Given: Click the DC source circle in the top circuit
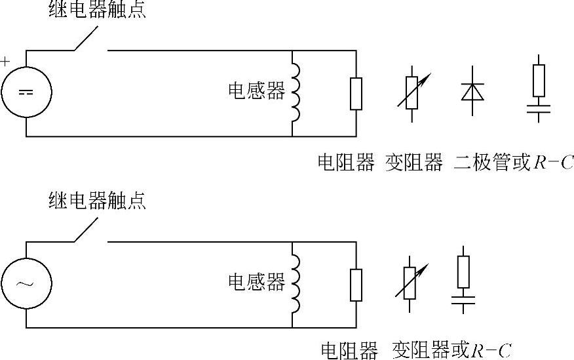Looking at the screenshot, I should pos(26,92).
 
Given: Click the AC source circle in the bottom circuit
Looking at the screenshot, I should pos(26,283).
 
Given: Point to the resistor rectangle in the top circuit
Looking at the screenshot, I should pos(356,93).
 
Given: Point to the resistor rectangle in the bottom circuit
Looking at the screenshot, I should pos(356,285).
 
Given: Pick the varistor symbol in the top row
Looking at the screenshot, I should pos(412,92).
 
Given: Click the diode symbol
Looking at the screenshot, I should pos(472,92).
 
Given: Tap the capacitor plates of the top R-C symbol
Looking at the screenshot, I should pos(539,108).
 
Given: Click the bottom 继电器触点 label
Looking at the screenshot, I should pos(98,201).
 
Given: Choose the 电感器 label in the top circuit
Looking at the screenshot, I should pos(256,91).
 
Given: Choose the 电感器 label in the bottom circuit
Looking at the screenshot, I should pos(256,282).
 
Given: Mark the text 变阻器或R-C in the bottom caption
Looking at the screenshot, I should pos(451,350).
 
